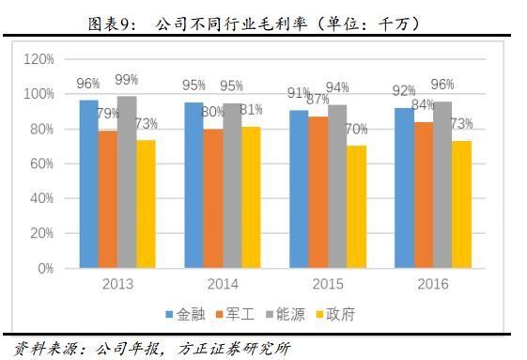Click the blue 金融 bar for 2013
[x=88, y=184]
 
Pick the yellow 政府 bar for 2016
[x=462, y=205]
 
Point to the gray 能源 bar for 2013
[x=127, y=181]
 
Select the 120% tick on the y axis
[x=39, y=59]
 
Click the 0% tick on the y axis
[x=45, y=268]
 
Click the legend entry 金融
[x=188, y=314]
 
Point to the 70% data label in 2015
[x=358, y=129]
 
